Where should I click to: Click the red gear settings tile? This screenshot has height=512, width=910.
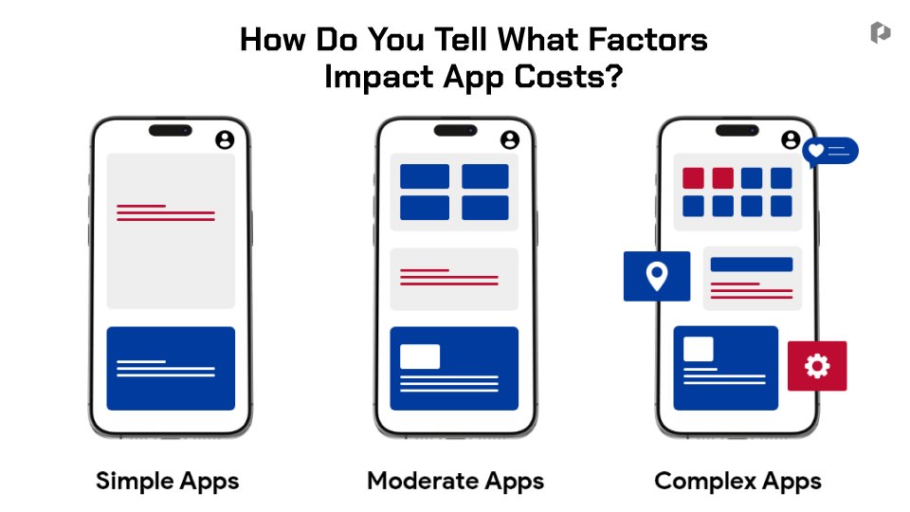point(817,366)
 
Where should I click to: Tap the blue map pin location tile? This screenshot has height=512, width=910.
point(657,276)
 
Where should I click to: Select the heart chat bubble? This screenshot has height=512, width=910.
point(830,152)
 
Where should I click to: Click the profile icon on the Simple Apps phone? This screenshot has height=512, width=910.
point(226,140)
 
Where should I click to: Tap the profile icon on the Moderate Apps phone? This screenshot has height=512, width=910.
point(510,140)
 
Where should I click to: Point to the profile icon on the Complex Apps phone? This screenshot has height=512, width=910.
point(791,140)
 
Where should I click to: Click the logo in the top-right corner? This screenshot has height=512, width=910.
point(881,32)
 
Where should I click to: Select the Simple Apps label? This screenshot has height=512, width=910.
point(167,482)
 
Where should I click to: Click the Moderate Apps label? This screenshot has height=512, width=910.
point(456,482)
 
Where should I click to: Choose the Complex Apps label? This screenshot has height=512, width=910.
point(737,482)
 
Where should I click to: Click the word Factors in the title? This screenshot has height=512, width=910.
point(647,40)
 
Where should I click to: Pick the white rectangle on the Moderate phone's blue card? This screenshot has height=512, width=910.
point(420,357)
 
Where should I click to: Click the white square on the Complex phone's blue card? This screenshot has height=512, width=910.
point(699,349)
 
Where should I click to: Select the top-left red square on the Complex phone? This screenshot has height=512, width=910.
point(694,178)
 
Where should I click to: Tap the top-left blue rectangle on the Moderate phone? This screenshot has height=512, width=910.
point(425,176)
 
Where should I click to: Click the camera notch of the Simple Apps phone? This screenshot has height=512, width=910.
point(171,131)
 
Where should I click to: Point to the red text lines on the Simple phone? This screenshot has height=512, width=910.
point(166,213)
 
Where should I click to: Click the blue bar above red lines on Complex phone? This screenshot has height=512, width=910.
point(752,265)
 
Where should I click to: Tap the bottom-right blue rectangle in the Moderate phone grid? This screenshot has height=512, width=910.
point(485,208)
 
